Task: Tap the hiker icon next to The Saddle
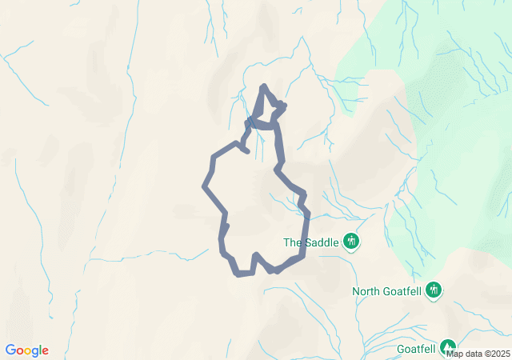tap(350, 241)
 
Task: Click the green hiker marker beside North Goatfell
tap(434, 290)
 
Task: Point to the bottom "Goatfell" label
tap(416, 349)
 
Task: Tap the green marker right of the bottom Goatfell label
tap(447, 346)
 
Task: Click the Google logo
tap(26, 350)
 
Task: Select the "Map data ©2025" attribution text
tap(478, 354)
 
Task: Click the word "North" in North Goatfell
tap(366, 291)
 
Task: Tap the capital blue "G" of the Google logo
tap(10, 350)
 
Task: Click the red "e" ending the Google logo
tap(45, 351)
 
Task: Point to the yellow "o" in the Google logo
tap(28, 351)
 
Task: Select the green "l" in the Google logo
tap(40, 350)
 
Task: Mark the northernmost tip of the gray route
tap(264, 86)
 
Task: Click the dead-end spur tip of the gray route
tap(248, 150)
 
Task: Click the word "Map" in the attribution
tap(455, 354)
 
